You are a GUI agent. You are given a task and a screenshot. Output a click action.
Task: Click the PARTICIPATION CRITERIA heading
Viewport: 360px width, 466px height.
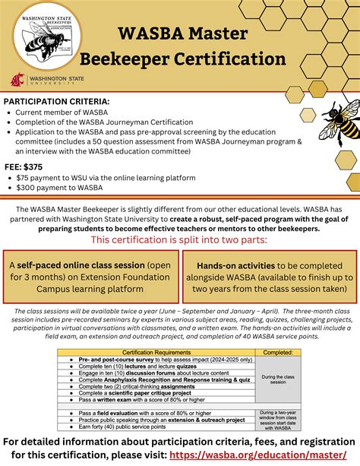[57, 100]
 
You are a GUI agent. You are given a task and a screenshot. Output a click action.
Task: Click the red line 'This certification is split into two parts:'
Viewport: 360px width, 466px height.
[180, 240]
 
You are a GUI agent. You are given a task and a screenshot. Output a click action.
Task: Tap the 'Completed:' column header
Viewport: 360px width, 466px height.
[278, 352]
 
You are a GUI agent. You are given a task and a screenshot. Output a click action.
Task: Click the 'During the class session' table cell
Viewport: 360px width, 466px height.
[278, 378]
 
